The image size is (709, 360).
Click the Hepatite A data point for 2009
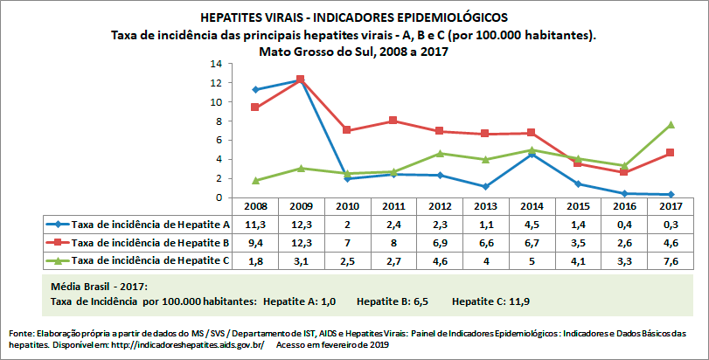[x=301, y=80]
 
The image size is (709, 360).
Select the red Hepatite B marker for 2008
[x=254, y=107]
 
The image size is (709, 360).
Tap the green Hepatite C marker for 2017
[x=670, y=125]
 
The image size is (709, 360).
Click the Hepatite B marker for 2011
[x=393, y=121]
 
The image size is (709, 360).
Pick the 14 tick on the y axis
[x=216, y=64]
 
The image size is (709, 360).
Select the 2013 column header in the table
[x=485, y=206]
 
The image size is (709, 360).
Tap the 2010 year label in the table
[x=347, y=206]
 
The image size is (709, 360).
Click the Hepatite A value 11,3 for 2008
[x=254, y=225]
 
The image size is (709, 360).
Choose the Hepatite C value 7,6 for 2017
[x=670, y=260]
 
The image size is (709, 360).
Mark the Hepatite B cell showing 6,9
[x=439, y=242]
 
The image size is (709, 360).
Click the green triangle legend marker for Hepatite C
[x=59, y=260]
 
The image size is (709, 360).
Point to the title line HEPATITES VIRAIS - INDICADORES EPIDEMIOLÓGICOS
[x=353, y=17]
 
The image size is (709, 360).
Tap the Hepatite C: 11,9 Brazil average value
[x=490, y=301]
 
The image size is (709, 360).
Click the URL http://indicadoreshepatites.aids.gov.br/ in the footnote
[x=194, y=345]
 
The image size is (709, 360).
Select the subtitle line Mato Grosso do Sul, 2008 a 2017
[x=353, y=51]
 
